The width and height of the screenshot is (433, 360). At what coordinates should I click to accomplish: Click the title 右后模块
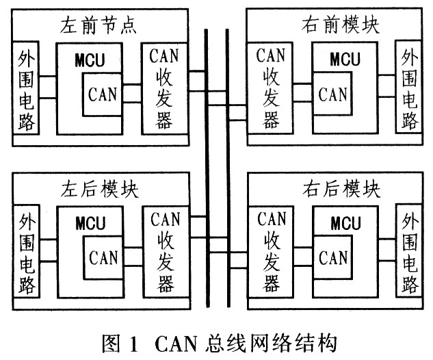click(340, 190)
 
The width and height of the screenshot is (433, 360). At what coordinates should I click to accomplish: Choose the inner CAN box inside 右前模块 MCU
click(333, 94)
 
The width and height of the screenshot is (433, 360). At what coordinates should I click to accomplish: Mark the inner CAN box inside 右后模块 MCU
click(333, 258)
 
